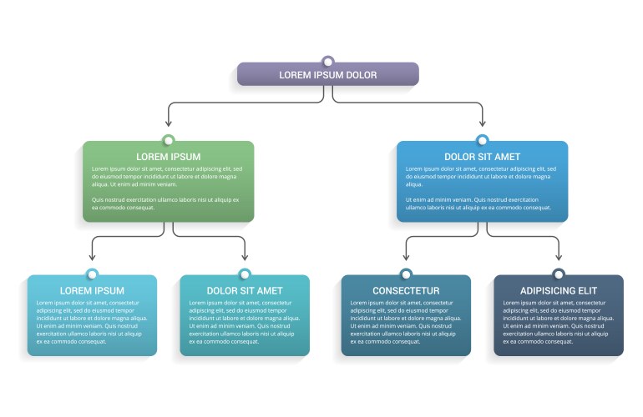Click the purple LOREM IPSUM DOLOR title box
tap(327, 75)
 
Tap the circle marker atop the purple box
tap(328, 61)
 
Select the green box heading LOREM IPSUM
tap(168, 156)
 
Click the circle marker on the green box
tap(169, 140)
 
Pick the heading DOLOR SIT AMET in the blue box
tap(482, 156)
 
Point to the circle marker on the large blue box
tap(482, 140)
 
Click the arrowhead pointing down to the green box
tap(169, 123)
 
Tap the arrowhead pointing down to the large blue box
tap(482, 123)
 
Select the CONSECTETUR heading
tap(406, 290)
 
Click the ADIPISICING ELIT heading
tap(558, 290)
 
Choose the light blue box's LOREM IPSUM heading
tap(92, 290)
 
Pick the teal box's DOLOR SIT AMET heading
tap(245, 290)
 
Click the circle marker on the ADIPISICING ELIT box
tap(559, 274)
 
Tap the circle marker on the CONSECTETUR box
tap(406, 274)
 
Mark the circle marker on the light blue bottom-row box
tap(92, 274)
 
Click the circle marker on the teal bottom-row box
tap(245, 274)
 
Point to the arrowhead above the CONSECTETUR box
tap(406, 257)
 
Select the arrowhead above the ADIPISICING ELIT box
tap(559, 257)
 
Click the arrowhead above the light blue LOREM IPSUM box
tap(92, 257)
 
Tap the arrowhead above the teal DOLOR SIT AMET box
tap(245, 257)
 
